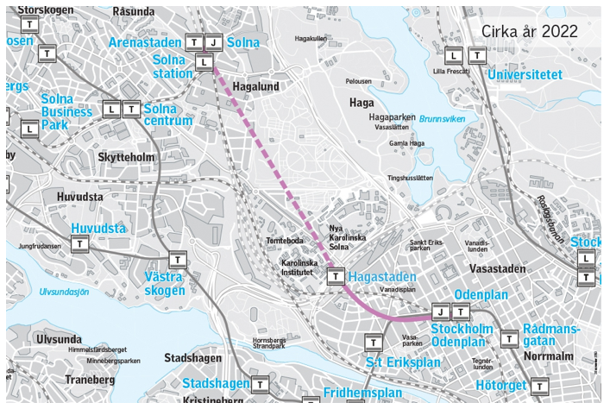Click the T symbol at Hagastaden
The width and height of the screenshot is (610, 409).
point(336,277)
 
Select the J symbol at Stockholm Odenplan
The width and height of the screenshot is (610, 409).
point(441,311)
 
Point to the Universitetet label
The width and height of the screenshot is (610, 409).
point(525,75)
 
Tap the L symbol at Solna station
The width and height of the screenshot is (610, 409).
point(203,62)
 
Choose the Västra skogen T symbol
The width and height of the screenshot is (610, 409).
point(177,259)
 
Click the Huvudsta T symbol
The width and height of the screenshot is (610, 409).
point(81,245)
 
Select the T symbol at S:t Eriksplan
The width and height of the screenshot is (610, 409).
point(372,342)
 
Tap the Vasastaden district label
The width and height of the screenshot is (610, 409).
point(497,269)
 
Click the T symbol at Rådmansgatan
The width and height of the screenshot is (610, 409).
point(508,339)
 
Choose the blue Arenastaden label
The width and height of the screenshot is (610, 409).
point(144,42)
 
